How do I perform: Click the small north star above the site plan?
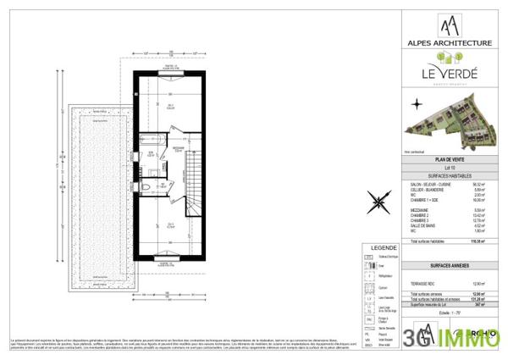point(417,105)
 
